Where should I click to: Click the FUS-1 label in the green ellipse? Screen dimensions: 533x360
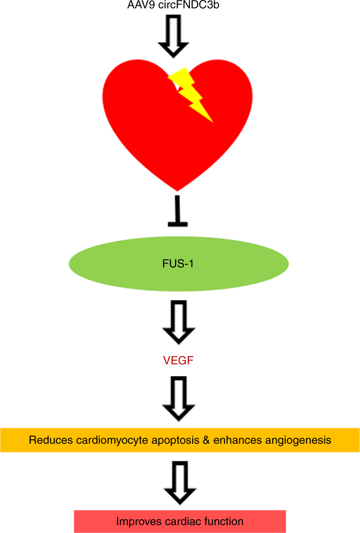coord(178,263)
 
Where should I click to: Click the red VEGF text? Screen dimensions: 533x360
coord(178,361)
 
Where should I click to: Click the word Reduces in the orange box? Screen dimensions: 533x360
coord(48,440)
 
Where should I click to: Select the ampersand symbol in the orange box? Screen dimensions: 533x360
coord(207,440)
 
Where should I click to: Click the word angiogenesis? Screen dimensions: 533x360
coord(300,440)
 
